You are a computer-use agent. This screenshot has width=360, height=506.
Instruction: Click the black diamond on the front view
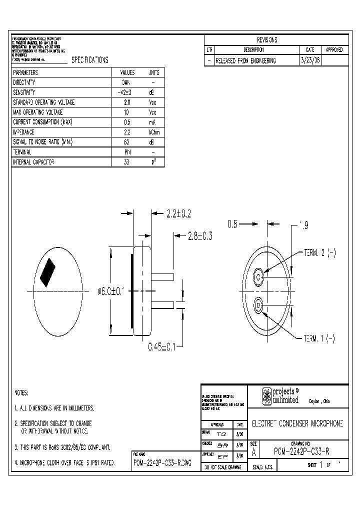(x=49, y=273)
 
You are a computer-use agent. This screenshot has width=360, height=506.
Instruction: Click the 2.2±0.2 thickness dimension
(x=178, y=214)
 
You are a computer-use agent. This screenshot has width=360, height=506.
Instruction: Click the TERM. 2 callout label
(x=320, y=253)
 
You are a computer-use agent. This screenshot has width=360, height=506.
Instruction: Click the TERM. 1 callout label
(x=320, y=339)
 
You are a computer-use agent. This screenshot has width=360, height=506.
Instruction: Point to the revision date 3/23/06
(x=310, y=60)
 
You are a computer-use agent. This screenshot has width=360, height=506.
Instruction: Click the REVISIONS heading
(x=267, y=40)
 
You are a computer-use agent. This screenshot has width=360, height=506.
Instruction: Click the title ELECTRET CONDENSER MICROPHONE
(x=297, y=423)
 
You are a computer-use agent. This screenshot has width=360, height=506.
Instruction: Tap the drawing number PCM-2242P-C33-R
(x=301, y=452)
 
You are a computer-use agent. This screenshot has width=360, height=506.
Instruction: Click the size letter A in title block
(x=253, y=451)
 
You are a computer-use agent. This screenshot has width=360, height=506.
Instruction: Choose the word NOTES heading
(x=21, y=393)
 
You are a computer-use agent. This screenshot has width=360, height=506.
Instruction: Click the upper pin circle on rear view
(x=259, y=276)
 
